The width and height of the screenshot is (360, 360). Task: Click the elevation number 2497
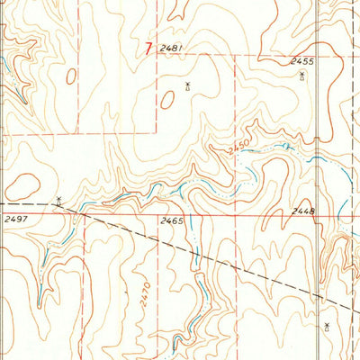click(15, 219)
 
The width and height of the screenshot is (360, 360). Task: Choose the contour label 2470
click(146, 294)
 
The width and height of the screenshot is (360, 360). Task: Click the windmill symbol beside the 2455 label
click(301, 76)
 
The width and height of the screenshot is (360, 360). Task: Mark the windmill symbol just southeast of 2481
click(186, 86)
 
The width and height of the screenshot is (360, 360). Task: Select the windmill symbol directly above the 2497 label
click(58, 201)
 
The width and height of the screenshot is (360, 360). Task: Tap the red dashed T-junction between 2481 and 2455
click(236, 56)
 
